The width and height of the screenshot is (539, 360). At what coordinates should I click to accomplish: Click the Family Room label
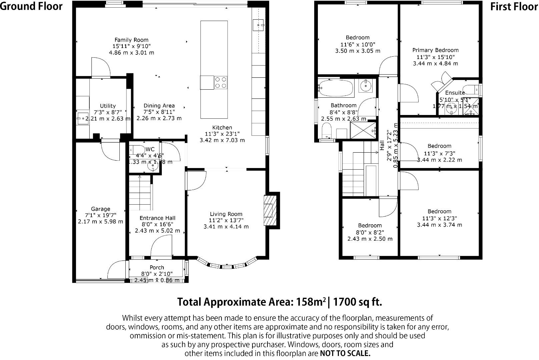pos(131,40)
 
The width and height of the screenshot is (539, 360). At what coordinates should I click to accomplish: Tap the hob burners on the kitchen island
pos(221,82)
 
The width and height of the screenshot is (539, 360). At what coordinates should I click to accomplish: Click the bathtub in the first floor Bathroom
pos(335,88)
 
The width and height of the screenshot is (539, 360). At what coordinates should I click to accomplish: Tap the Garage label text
pos(100,209)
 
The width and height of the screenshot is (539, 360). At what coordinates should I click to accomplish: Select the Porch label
pos(157,267)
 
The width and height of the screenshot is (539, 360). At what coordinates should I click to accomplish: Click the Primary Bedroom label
pos(435,50)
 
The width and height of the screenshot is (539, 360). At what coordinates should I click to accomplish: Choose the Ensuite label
pos(455,93)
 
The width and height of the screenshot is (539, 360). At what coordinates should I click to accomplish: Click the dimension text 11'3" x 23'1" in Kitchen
pos(222,134)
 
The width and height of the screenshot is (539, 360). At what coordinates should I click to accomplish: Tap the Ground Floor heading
pos(31,6)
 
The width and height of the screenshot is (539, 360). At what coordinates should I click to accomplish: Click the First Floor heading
pos(514,7)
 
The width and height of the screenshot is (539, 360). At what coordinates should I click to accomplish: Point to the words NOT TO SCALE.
pos(345,353)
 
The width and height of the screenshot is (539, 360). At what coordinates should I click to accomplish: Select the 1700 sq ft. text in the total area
pos(357,302)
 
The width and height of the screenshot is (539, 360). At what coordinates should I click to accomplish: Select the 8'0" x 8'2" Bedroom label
pos(370,226)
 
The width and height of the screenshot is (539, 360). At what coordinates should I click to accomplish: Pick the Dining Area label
pos(159,106)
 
